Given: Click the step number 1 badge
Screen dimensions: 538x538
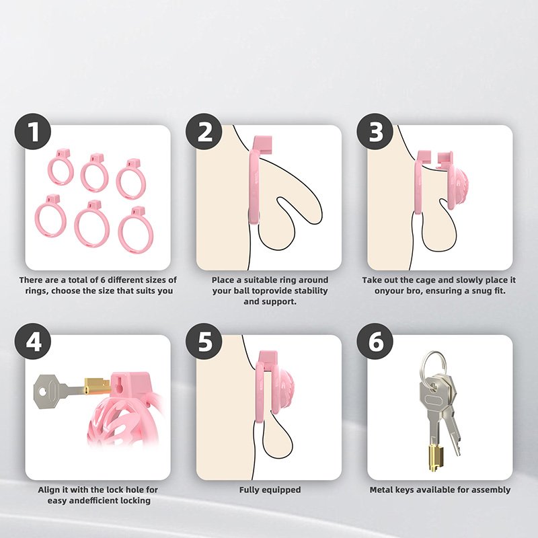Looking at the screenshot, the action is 32,131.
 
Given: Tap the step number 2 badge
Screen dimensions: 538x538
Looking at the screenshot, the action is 204,131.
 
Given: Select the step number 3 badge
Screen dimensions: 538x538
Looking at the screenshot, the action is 375,131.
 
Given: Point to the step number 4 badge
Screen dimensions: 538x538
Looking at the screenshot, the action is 32,341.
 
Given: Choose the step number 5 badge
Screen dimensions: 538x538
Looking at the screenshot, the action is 204,341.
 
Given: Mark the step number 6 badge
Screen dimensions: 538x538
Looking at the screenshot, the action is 375,341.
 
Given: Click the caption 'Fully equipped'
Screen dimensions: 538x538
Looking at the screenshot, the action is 270,490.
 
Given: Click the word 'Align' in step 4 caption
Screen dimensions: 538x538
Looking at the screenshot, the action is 48,490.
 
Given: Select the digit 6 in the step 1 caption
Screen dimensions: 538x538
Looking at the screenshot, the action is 102,280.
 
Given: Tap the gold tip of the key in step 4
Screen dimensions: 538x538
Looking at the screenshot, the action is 97,386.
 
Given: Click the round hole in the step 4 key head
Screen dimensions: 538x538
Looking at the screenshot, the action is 42,391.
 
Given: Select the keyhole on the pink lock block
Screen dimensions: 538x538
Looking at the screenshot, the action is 119,384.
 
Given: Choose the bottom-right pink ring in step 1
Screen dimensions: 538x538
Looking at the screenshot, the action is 136,229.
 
